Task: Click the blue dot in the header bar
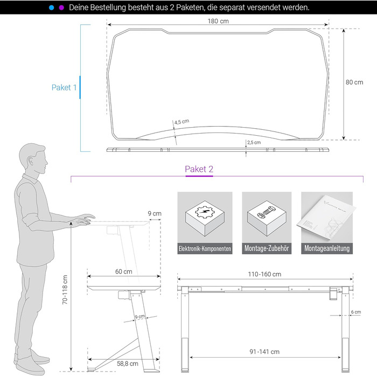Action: tap(52, 8)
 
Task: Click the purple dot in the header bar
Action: tap(61, 8)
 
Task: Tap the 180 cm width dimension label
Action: tap(218, 21)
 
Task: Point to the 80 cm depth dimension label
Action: tap(354, 82)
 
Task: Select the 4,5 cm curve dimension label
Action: tap(182, 122)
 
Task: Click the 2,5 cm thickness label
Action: tap(254, 142)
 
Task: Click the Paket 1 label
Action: tap(64, 87)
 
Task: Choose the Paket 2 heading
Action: tap(199, 169)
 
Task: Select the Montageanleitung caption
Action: tap(327, 248)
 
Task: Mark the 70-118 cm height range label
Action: tap(65, 290)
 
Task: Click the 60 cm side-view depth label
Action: tap(123, 271)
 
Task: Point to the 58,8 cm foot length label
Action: tap(128, 364)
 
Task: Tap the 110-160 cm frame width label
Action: tap(264, 274)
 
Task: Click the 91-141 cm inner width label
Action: tap(264, 352)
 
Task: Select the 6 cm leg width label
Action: tap(356, 312)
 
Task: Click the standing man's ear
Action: tap(31, 160)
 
